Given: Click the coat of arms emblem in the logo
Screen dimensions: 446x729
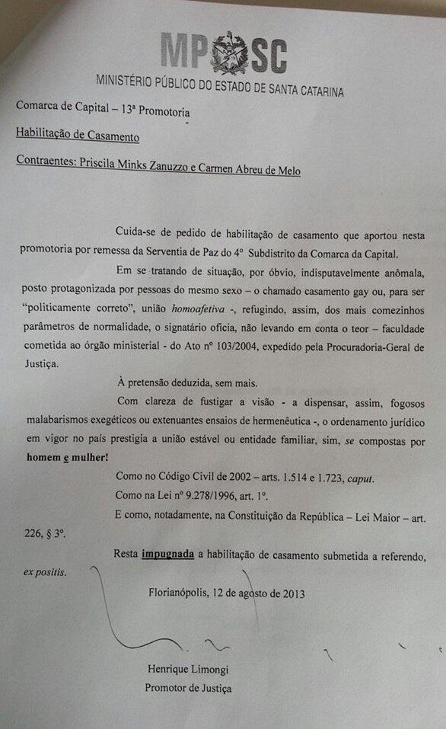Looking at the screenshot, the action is [x=230, y=53].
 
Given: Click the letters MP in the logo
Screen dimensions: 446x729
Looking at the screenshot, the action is [x=184, y=52].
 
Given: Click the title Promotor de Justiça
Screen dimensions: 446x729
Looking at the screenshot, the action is [x=188, y=689].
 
